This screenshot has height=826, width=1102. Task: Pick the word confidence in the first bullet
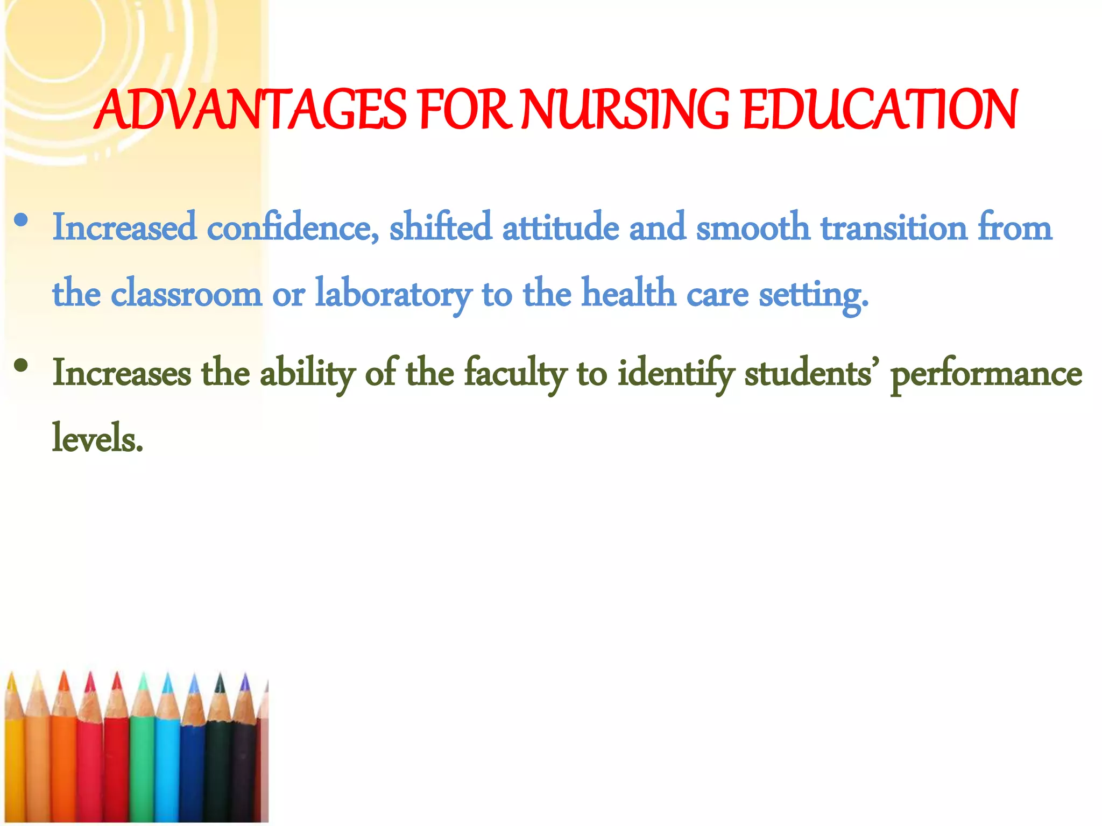(293, 227)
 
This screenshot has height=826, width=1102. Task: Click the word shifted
(440, 227)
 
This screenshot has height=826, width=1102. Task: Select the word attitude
(560, 227)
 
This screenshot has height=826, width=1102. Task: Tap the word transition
(894, 227)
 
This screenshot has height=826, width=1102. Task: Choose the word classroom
(186, 294)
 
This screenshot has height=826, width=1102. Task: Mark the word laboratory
(393, 294)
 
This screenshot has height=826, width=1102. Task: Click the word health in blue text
(628, 294)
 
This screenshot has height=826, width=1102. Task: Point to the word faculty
(515, 373)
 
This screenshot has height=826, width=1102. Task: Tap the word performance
(986, 373)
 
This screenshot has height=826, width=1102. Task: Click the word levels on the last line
(97, 439)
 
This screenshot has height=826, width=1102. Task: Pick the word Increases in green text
(122, 373)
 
